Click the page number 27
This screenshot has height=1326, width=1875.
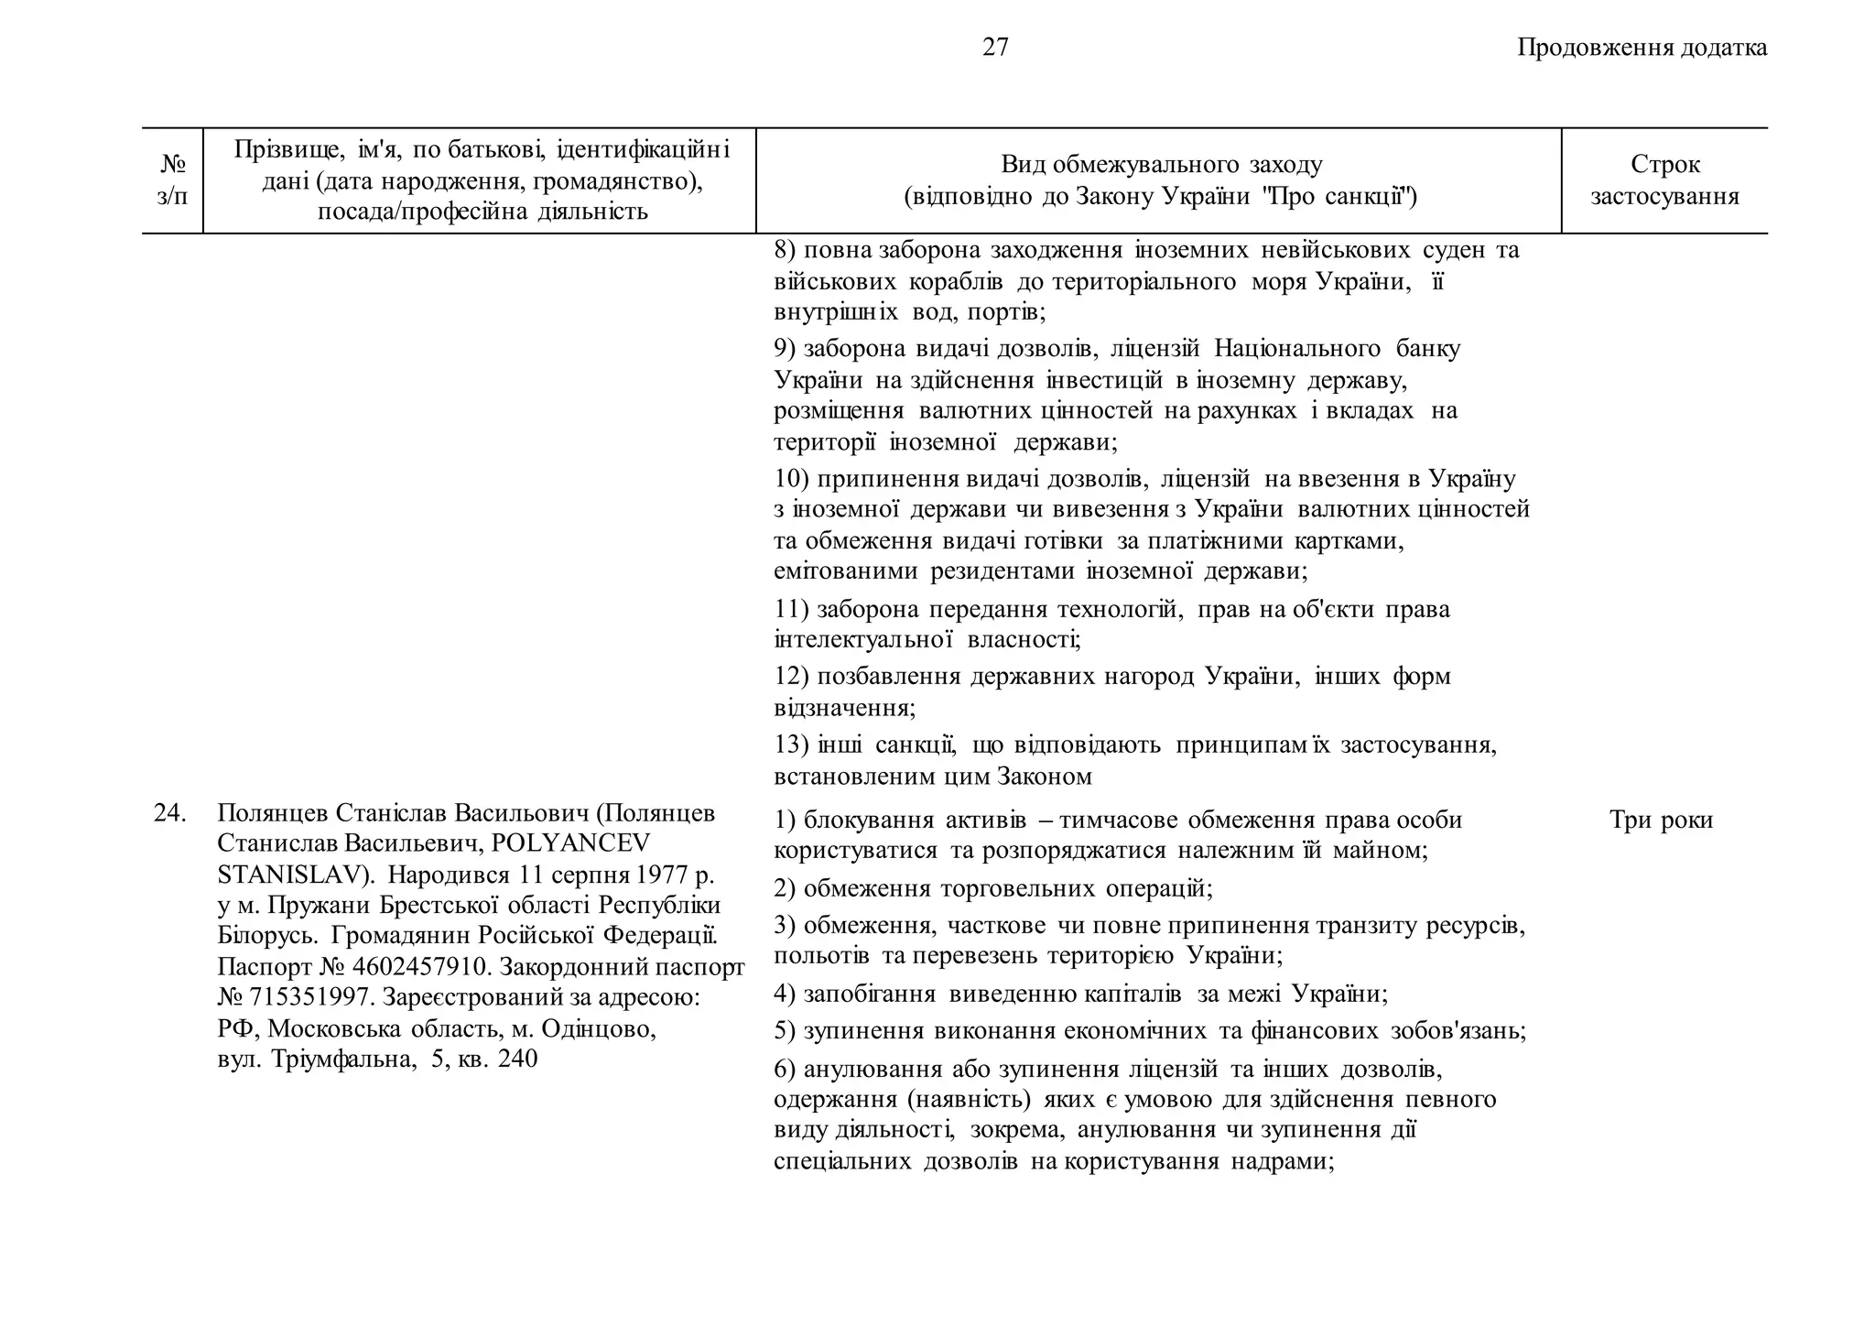pyautogui.click(x=995, y=48)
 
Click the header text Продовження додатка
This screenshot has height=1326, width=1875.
pyautogui.click(x=1642, y=48)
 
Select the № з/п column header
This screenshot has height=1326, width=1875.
pyautogui.click(x=172, y=180)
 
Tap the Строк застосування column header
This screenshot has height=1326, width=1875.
pyautogui.click(x=1664, y=180)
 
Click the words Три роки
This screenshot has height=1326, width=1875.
pyautogui.click(x=1661, y=820)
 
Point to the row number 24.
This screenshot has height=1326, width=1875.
pyautogui.click(x=170, y=813)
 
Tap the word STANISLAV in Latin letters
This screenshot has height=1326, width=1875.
pyautogui.click(x=291, y=875)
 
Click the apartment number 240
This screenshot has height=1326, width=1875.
pyautogui.click(x=517, y=1060)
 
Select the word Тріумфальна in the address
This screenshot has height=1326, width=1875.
pyautogui.click(x=339, y=1060)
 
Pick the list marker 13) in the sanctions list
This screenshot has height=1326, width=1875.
pyautogui.click(x=791, y=745)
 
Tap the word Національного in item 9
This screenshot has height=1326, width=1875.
pyautogui.click(x=1297, y=349)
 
